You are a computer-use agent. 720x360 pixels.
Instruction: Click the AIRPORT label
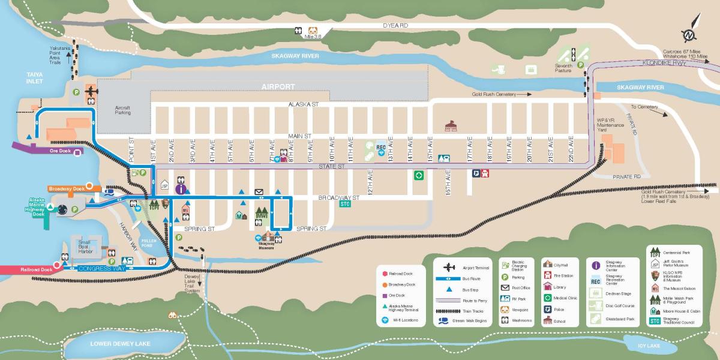pyautogui.click(x=278, y=87)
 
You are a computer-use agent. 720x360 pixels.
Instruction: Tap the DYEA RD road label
pyautogui.click(x=395, y=26)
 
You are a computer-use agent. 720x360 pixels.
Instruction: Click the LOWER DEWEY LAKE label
pyautogui.click(x=121, y=344)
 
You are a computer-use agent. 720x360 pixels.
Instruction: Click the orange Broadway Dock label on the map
pyautogui.click(x=65, y=187)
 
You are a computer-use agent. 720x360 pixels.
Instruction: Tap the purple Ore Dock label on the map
pyautogui.click(x=61, y=151)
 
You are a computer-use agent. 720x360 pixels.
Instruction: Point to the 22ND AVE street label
pyautogui.click(x=571, y=147)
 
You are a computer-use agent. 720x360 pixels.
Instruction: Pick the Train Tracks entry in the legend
pyautogui.click(x=471, y=310)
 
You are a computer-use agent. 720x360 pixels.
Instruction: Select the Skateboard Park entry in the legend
pyautogui.click(x=620, y=319)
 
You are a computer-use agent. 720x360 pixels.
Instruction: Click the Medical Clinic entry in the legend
pyautogui.click(x=565, y=298)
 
